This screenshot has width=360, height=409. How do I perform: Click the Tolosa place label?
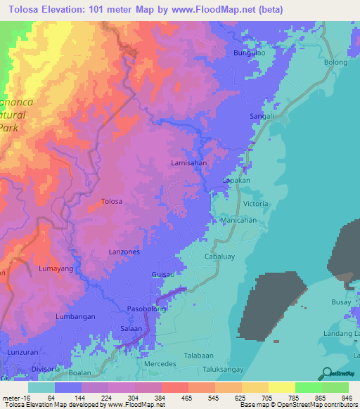[112, 201]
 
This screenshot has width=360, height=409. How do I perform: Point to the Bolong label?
[335, 63]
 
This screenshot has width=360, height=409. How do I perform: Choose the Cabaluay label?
[219, 257]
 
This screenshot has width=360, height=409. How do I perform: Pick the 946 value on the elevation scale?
[347, 397]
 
